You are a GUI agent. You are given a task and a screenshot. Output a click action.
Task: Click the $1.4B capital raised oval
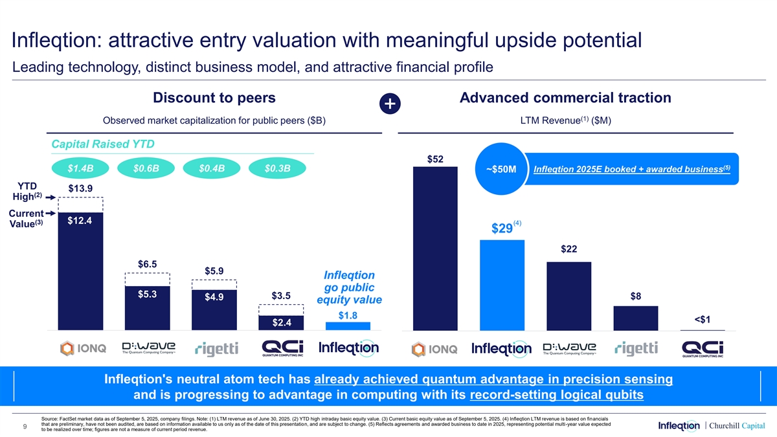(80, 168)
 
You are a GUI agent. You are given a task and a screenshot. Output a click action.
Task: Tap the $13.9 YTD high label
(80, 188)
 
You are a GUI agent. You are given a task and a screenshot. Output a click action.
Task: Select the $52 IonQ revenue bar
(435, 249)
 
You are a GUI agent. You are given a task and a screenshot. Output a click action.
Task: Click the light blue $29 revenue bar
(502, 285)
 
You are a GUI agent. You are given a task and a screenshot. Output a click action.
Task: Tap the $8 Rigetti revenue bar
(635, 318)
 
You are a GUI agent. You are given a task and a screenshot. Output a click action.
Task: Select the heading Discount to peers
(214, 98)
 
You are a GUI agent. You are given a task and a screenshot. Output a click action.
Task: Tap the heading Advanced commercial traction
(565, 98)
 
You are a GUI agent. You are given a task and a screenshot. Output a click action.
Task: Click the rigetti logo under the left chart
(216, 349)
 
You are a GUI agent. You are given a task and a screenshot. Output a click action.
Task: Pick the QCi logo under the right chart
(703, 348)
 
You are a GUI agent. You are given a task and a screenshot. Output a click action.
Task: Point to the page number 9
(24, 425)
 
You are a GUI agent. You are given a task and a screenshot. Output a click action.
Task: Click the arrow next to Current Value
(50, 212)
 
